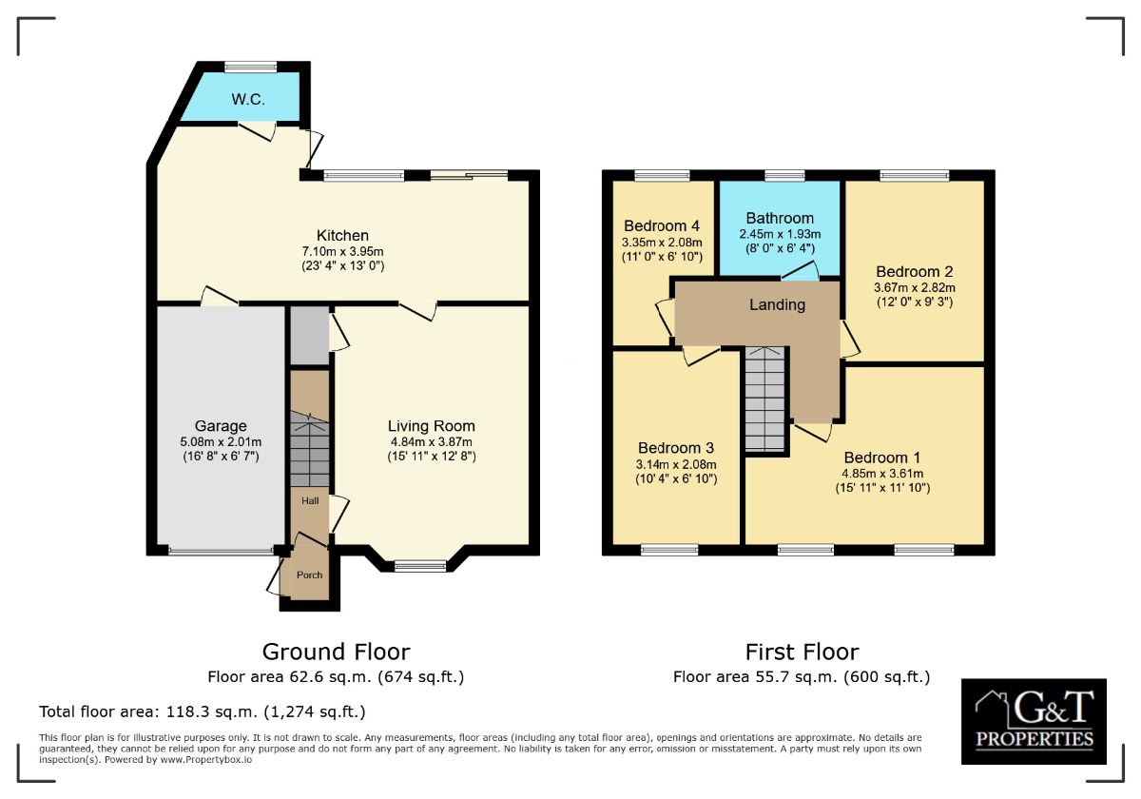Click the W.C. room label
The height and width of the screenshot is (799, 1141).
(246, 100)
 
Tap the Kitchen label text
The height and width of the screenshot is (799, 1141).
(342, 236)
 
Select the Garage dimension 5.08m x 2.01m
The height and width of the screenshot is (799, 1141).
(221, 441)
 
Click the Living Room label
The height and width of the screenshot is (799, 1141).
(431, 426)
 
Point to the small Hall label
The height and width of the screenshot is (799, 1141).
(310, 500)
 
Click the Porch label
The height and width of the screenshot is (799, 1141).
(309, 575)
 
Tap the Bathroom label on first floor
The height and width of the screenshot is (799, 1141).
(780, 218)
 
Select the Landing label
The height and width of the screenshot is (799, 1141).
(777, 305)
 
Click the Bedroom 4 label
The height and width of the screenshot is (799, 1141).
(662, 225)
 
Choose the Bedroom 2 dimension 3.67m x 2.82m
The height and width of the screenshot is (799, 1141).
(914, 287)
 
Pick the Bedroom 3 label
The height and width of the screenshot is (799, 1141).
(676, 448)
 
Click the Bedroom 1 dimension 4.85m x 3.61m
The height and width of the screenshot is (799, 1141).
(881, 473)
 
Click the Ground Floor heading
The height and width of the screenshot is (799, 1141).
(336, 652)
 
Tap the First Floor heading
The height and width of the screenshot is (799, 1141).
(802, 652)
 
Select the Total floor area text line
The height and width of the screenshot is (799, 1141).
(202, 711)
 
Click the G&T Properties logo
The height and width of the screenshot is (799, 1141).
(1034, 721)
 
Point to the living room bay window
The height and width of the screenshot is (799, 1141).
(420, 566)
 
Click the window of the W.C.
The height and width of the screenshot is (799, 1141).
(251, 67)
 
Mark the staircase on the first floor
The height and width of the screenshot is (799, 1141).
(766, 399)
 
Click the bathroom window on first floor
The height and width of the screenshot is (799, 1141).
(783, 175)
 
